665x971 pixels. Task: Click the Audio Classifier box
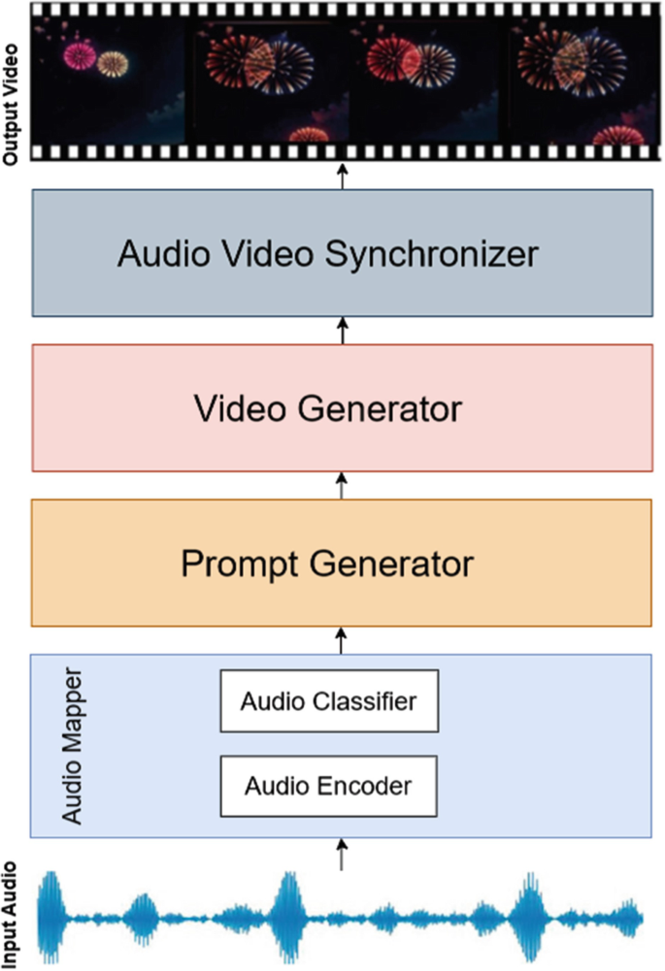click(x=329, y=700)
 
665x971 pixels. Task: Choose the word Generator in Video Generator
click(x=382, y=408)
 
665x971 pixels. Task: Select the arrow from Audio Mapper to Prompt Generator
click(x=341, y=639)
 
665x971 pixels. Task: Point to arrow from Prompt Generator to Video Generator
click(x=341, y=485)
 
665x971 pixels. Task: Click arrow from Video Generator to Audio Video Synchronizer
click(x=341, y=330)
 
